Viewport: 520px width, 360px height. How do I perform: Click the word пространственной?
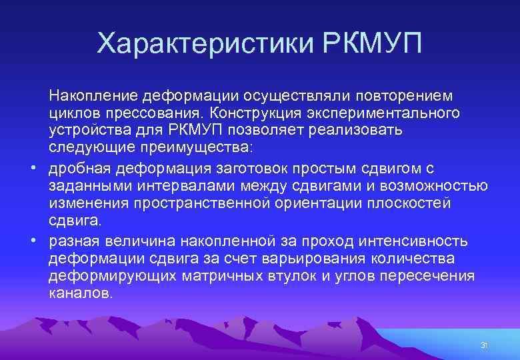(209, 203)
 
